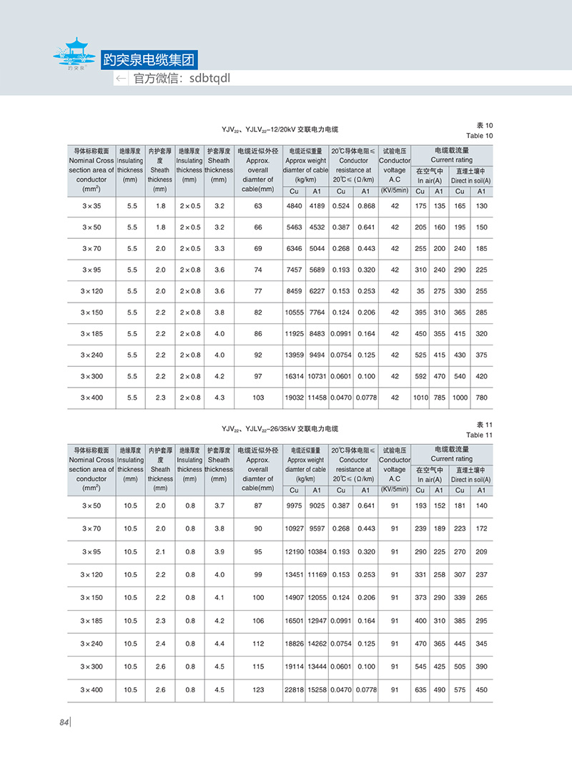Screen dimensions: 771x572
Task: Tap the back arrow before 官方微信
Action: (x=122, y=79)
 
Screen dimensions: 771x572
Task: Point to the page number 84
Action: (x=63, y=722)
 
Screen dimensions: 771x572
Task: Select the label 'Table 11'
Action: (x=480, y=434)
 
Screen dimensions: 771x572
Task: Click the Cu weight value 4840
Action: (x=295, y=206)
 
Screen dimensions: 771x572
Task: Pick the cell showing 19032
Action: (x=295, y=398)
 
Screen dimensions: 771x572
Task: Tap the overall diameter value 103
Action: (x=258, y=398)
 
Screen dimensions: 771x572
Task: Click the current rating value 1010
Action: (x=420, y=398)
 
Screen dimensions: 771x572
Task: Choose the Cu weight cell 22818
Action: (x=295, y=690)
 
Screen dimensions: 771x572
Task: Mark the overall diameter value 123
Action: (x=258, y=690)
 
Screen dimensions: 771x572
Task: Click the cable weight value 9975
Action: (x=295, y=506)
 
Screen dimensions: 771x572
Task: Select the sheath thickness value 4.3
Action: (x=219, y=398)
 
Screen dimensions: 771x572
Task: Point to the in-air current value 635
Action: (x=420, y=690)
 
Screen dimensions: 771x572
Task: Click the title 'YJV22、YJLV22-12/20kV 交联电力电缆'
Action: (x=280, y=129)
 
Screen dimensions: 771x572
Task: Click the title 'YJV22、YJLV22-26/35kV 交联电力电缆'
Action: (x=280, y=429)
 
